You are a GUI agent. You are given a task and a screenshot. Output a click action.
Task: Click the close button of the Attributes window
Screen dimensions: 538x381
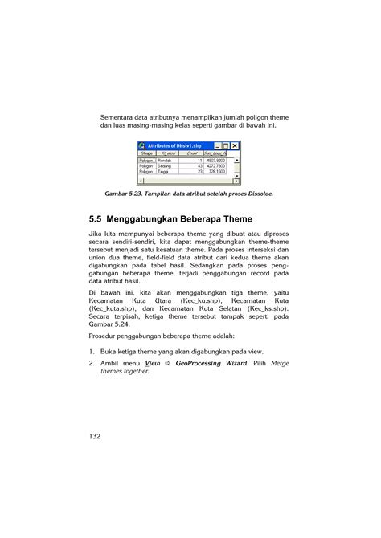235,145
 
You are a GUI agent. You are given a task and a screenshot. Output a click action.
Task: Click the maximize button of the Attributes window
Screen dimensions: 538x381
225,145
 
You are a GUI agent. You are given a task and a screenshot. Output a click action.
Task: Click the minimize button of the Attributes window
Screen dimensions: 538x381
216,145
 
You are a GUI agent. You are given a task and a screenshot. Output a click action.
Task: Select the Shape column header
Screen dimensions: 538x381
147,153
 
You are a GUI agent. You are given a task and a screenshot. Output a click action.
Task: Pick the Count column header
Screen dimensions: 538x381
193,153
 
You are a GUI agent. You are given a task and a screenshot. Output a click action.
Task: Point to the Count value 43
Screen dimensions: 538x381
200,166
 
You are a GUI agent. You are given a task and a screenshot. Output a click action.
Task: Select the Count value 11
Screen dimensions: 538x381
200,161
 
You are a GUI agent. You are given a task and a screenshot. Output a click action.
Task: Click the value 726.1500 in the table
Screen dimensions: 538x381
215,172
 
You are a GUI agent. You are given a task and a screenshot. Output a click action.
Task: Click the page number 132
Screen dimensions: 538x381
95,436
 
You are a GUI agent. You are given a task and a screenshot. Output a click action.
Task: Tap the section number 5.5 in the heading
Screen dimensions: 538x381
100,219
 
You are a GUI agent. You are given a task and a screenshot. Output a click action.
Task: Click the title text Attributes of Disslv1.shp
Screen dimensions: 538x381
174,145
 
